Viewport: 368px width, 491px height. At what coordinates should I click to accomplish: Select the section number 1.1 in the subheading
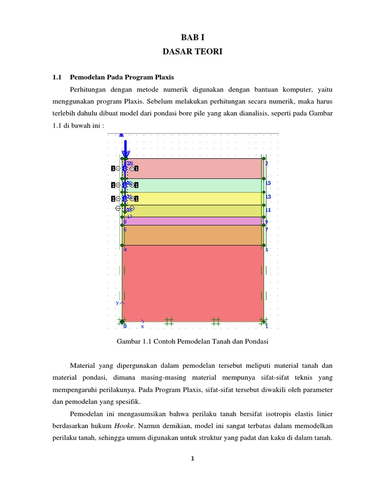coord(57,77)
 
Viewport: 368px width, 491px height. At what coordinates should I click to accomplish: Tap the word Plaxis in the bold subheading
coord(163,77)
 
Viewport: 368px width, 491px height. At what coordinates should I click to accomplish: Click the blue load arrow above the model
coord(125,146)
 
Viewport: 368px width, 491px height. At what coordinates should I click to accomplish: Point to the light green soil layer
coord(192,185)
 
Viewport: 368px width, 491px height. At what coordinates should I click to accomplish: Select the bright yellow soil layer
coord(192,199)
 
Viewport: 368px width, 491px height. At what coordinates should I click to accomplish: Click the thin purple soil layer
coord(192,221)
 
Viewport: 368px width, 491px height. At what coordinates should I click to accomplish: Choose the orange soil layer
coord(192,235)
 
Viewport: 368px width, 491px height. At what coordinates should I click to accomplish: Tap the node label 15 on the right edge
coord(268,183)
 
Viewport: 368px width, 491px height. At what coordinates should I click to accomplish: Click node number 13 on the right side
coord(268,197)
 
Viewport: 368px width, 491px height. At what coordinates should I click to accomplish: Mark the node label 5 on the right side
coord(266,250)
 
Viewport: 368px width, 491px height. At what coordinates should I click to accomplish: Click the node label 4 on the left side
coord(126,250)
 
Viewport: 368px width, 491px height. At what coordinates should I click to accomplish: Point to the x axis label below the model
coord(142,327)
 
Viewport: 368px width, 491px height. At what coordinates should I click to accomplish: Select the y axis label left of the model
coord(117,303)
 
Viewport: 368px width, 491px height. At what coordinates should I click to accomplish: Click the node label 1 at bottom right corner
coord(267,327)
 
